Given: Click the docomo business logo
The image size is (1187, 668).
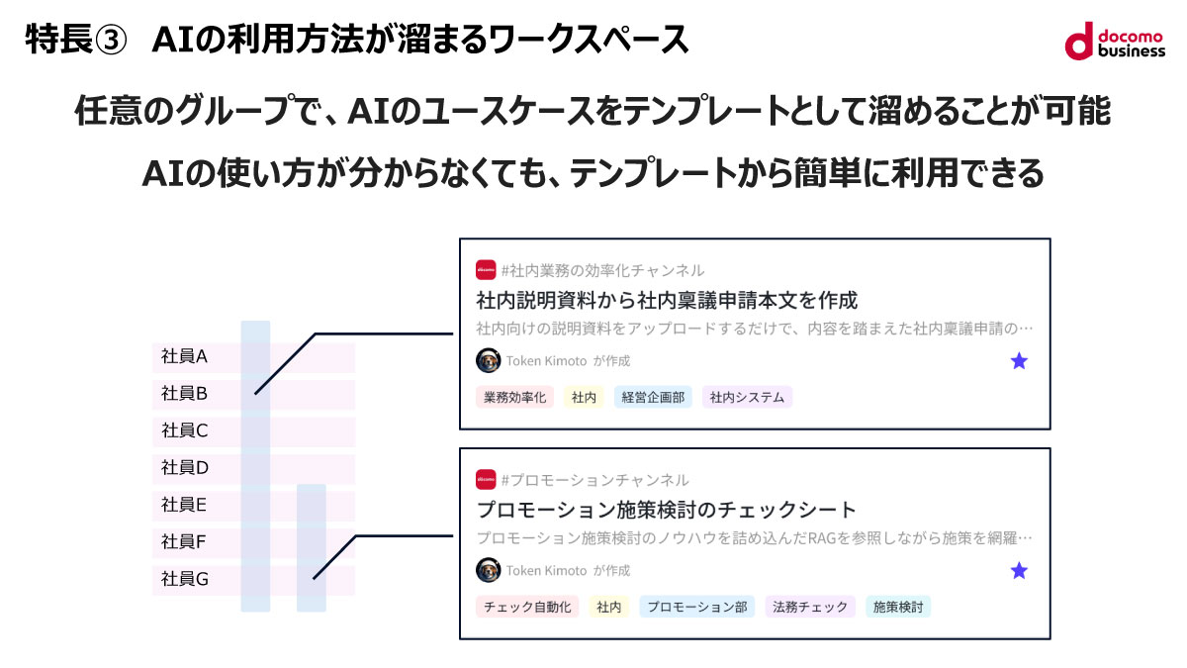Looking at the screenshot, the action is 1115,41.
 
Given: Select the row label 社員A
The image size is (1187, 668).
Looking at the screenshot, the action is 184,356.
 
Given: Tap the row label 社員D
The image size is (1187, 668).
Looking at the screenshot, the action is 185,467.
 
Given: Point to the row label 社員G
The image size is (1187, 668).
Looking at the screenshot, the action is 185,579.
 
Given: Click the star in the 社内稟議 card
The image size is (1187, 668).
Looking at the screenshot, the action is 1019,361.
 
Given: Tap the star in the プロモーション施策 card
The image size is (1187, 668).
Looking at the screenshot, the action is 1019,571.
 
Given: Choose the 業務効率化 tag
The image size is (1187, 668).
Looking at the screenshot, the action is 514,398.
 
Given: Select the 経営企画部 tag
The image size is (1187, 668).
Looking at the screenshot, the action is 653,398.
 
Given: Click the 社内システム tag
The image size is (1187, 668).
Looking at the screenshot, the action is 747,398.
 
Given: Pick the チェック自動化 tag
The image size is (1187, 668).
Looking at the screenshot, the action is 527,607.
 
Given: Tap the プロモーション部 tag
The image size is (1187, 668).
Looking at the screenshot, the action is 697,607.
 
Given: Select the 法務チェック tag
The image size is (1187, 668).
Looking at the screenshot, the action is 810,607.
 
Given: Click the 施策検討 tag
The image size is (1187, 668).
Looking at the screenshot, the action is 897,607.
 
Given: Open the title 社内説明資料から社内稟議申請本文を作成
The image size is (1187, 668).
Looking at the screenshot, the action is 667,300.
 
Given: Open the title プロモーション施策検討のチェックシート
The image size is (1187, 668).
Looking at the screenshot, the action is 666,511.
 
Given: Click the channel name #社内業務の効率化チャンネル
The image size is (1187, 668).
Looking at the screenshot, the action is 602,270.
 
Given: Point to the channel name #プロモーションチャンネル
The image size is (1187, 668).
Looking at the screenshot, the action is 594,480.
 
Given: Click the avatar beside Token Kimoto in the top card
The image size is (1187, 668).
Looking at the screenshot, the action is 488,360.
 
